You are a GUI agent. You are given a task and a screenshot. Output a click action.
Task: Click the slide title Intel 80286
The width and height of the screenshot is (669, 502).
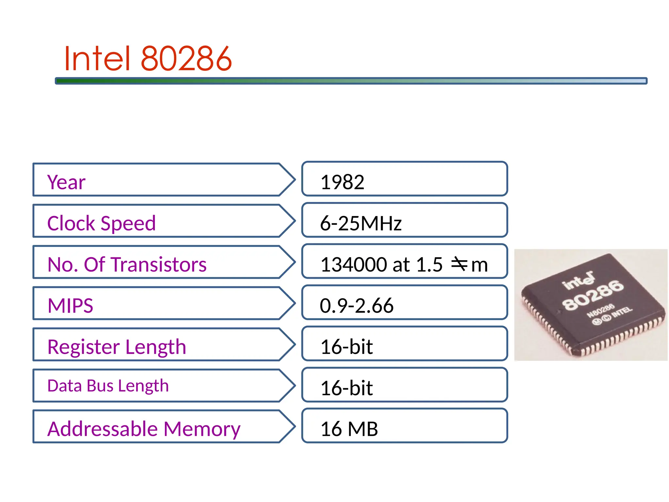[x=148, y=59]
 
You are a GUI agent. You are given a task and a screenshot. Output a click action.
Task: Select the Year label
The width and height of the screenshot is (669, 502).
[x=66, y=182]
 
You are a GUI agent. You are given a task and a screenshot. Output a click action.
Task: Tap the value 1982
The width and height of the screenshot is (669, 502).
[x=342, y=182]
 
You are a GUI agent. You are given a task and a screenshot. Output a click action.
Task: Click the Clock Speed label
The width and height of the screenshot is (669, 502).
[x=101, y=223]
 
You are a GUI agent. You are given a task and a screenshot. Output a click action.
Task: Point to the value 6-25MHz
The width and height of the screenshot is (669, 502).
[x=361, y=224]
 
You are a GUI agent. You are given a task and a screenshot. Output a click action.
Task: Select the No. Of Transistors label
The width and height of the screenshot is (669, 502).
[x=127, y=264]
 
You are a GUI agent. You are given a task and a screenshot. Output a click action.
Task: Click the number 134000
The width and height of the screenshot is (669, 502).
[x=354, y=264]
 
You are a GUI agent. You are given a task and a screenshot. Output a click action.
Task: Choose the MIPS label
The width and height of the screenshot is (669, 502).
[x=70, y=306]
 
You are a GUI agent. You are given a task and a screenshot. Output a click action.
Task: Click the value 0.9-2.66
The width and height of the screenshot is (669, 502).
[x=356, y=306]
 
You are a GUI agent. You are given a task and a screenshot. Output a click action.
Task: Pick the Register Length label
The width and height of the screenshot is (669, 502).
[x=117, y=347]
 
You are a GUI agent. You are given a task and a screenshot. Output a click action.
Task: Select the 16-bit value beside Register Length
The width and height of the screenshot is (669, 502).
[x=347, y=347]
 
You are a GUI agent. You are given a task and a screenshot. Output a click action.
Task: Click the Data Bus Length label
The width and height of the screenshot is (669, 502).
[x=108, y=386]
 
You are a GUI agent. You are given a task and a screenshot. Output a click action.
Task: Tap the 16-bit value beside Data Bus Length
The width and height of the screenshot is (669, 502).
[x=347, y=388]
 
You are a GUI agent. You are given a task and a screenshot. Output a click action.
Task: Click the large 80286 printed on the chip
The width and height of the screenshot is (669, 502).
[x=593, y=295]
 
